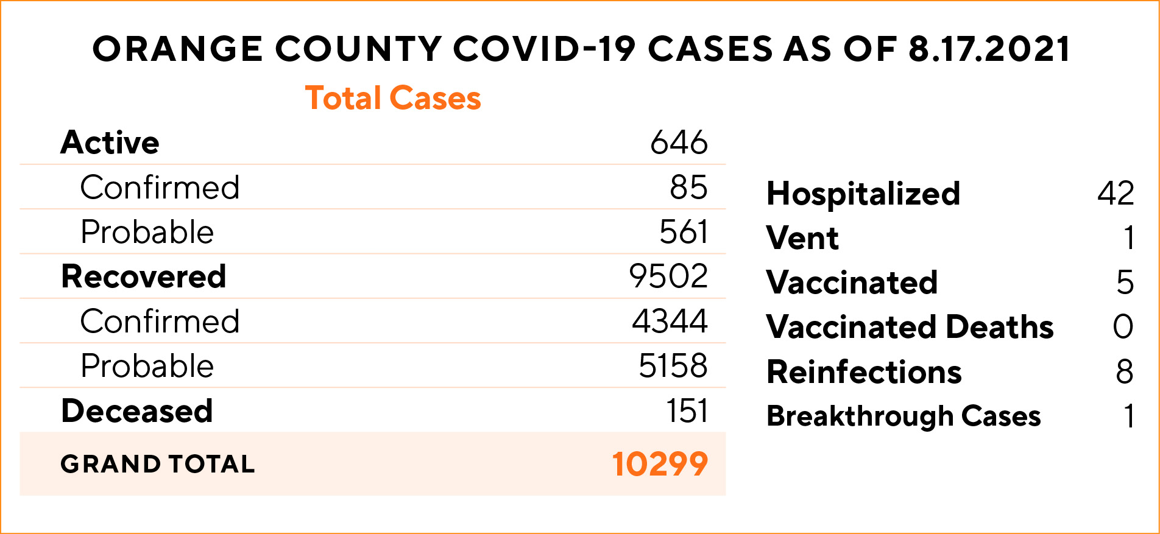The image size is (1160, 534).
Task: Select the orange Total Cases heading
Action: pos(393,98)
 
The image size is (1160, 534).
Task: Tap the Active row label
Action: pos(110,142)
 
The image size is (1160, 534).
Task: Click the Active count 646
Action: pos(679,142)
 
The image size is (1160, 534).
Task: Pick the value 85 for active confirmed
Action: pos(688,188)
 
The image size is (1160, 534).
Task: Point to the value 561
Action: pos(684,232)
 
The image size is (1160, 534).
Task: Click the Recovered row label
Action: pos(144,276)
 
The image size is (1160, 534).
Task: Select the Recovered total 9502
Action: pos(668,276)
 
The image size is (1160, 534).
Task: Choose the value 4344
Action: pos(670,321)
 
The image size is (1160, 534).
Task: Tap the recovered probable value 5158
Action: pos(673,366)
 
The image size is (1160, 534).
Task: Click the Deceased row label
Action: pos(137,411)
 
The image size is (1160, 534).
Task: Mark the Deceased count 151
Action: pos(687,411)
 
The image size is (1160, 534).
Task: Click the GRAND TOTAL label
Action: pos(158,464)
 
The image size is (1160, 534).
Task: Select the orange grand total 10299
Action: pos(660,464)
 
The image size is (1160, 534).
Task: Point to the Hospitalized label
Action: pos(863,194)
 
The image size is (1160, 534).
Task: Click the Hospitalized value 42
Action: pos(1116,194)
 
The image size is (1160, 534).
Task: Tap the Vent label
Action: pos(802,238)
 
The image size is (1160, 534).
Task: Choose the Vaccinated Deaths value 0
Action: pos(1123,327)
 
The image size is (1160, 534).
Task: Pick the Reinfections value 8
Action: pos(1124,371)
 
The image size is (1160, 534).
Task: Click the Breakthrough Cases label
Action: pos(904,416)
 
